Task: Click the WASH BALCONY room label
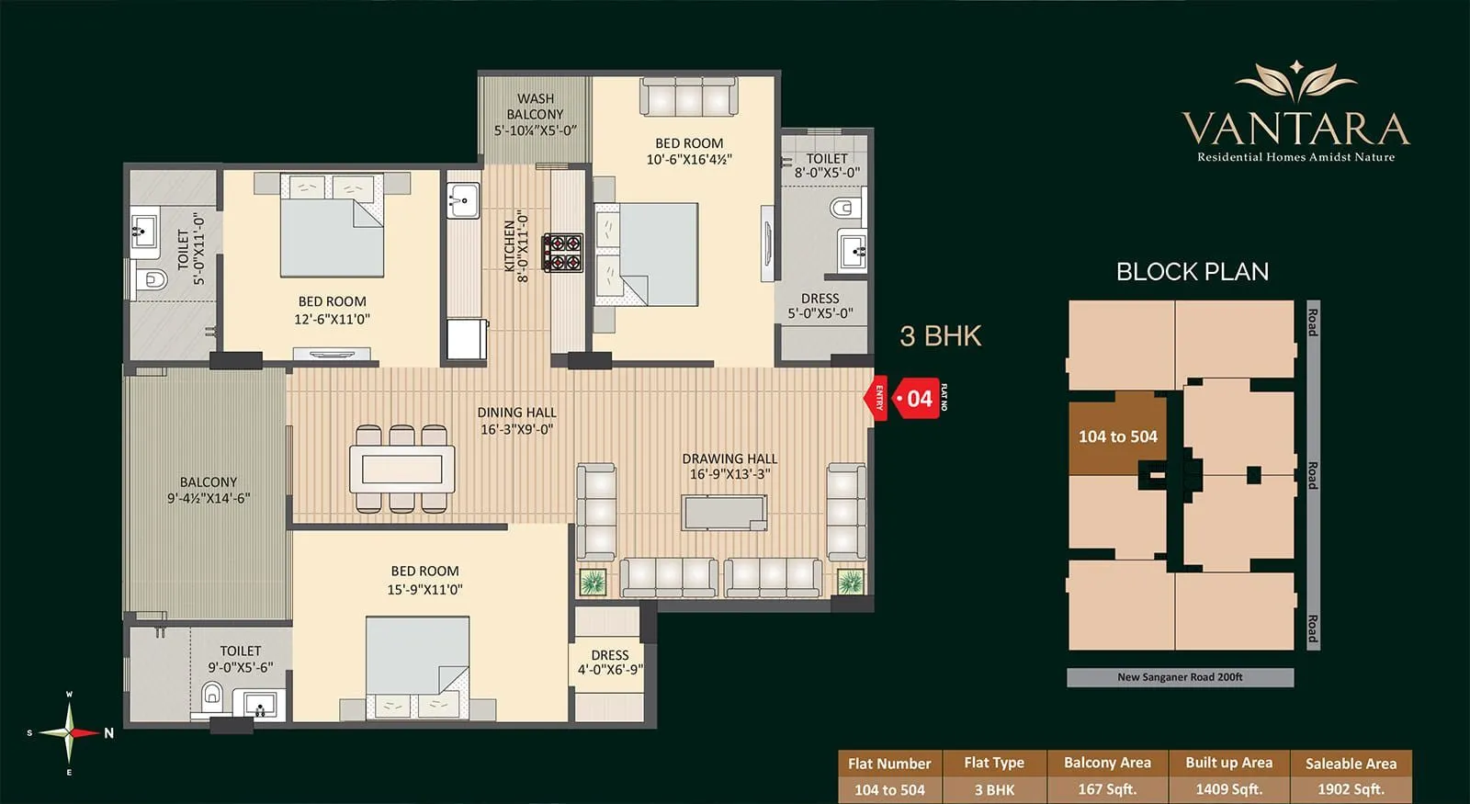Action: tap(535, 114)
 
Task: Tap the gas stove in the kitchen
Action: tap(561, 253)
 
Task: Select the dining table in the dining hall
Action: tap(402, 469)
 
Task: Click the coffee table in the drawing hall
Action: tap(725, 513)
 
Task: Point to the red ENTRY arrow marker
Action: tap(876, 398)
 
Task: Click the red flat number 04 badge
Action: tap(917, 398)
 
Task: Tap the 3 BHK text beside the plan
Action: tap(940, 336)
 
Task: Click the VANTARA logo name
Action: tap(1295, 129)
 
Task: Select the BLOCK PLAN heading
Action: tap(1192, 272)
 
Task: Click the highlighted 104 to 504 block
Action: tap(1116, 436)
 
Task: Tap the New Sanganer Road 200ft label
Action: tap(1180, 677)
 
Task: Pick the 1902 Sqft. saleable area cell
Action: tap(1351, 789)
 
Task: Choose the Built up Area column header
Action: tap(1228, 763)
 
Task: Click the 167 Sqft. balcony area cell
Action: tap(1107, 789)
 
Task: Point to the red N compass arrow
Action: tap(86, 733)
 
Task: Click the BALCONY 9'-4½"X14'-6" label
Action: tap(209, 490)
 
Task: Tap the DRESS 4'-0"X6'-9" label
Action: tap(610, 662)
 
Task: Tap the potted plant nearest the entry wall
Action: tap(850, 582)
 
